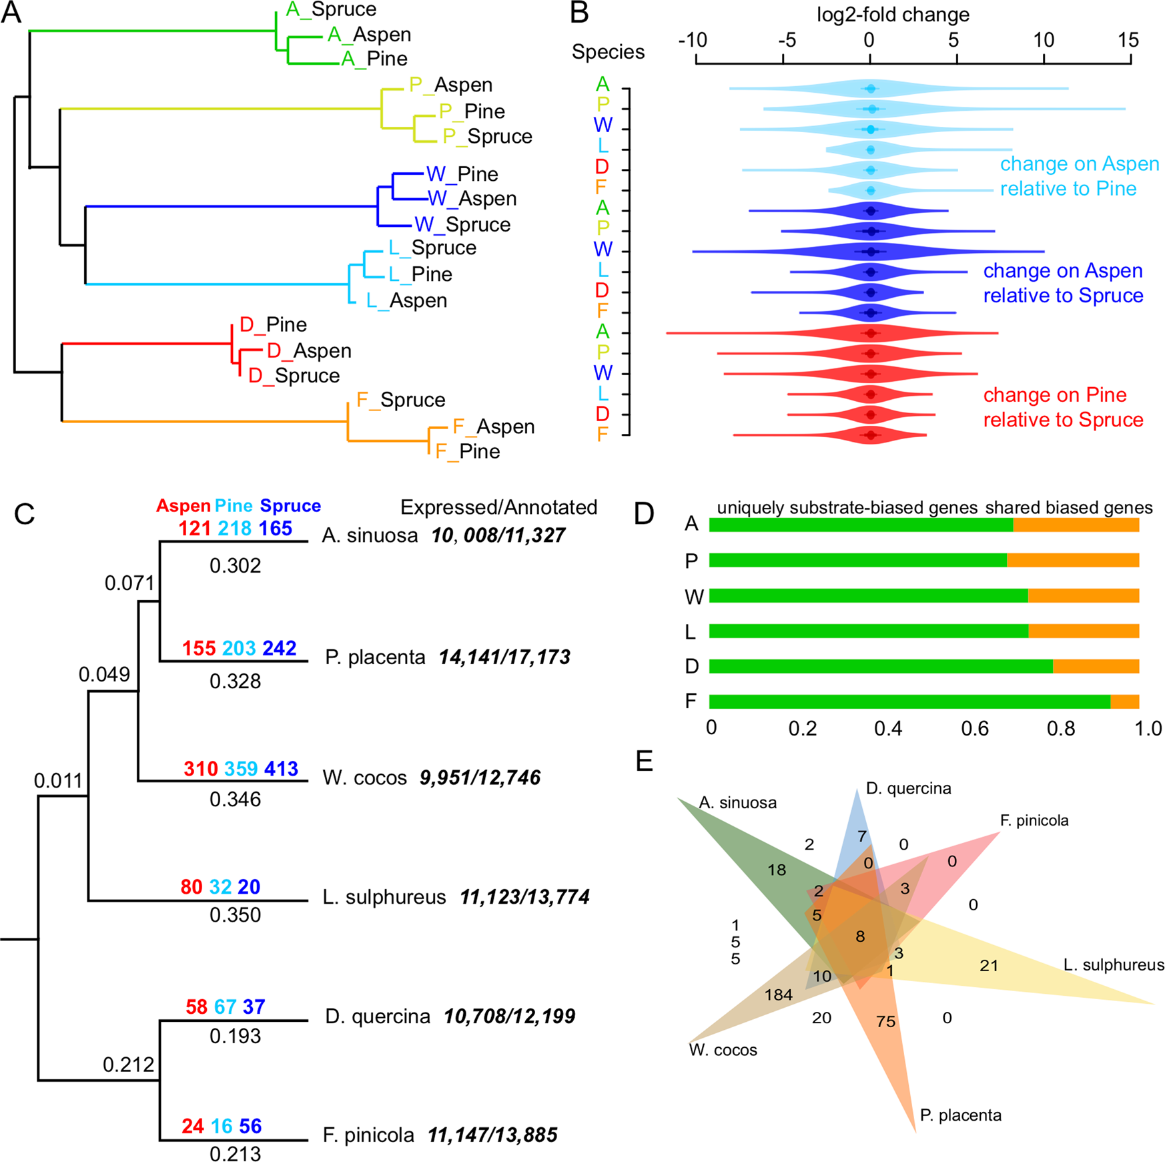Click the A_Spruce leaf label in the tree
pyautogui.click(x=331, y=9)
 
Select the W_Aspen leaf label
pyautogui.click(x=472, y=198)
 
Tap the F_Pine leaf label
pyautogui.click(x=468, y=451)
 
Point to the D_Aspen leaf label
pyautogui.click(x=309, y=350)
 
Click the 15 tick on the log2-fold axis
pyautogui.click(x=1130, y=60)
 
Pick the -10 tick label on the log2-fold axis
pyautogui.click(x=693, y=41)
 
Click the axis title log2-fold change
pyautogui.click(x=893, y=14)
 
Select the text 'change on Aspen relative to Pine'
pyautogui.click(x=1080, y=176)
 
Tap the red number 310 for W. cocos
pyautogui.click(x=201, y=769)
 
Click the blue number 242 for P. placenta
pyautogui.click(x=280, y=648)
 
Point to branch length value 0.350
pyautogui.click(x=235, y=914)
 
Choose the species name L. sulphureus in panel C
pyautogui.click(x=384, y=896)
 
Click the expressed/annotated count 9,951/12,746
pyautogui.click(x=480, y=778)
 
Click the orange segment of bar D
pyautogui.click(x=1096, y=666)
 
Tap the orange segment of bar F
pyautogui.click(x=1124, y=701)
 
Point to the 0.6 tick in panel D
pyautogui.click(x=975, y=728)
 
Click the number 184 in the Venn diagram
pyautogui.click(x=778, y=995)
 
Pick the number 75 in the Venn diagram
pyautogui.click(x=886, y=1022)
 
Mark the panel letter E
pyautogui.click(x=645, y=761)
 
